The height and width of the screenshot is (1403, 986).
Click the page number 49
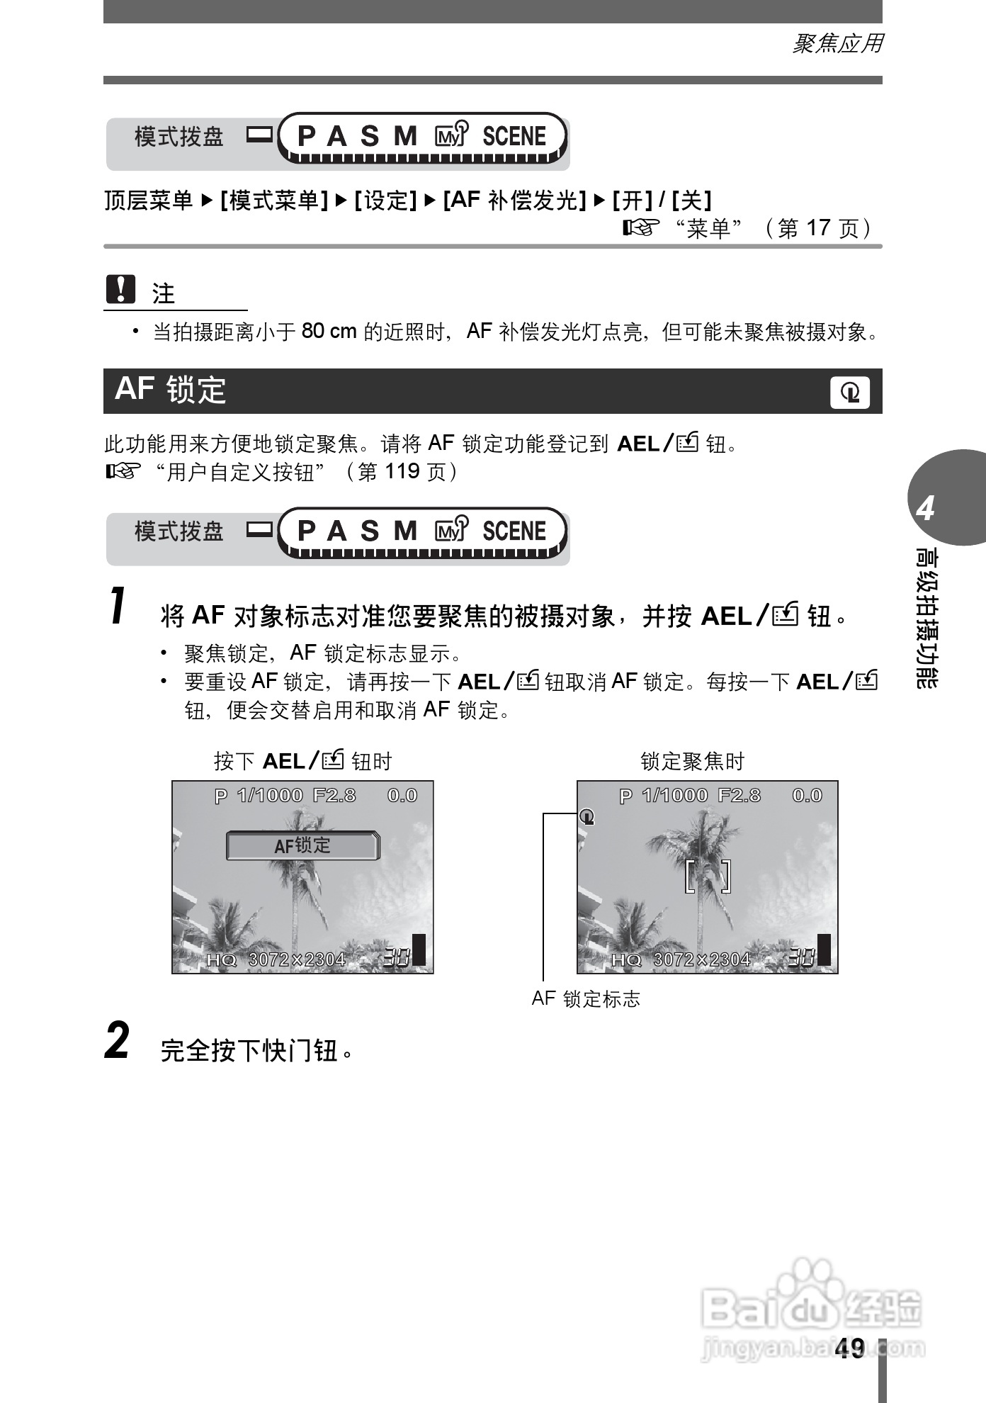tap(849, 1348)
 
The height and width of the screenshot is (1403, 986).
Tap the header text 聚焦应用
tap(837, 44)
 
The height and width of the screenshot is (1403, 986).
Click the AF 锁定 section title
tap(170, 390)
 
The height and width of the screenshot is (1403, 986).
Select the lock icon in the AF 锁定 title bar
tap(849, 392)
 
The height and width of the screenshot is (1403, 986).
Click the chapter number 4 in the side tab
tap(925, 509)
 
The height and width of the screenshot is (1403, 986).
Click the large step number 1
tap(119, 607)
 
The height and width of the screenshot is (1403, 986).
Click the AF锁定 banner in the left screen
tap(302, 845)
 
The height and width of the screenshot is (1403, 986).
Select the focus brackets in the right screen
tap(708, 877)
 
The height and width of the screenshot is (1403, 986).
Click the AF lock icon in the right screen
tap(586, 817)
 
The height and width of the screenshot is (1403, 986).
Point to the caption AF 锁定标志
tap(586, 999)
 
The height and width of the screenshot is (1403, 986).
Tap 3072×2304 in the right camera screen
tap(701, 959)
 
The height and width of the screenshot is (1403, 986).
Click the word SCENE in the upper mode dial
tap(514, 136)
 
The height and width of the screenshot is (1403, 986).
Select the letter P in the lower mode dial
tap(306, 531)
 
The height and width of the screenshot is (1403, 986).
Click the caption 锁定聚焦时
tap(692, 762)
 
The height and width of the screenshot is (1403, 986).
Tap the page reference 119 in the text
tap(403, 472)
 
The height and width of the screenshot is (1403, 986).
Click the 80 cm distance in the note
tap(329, 331)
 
